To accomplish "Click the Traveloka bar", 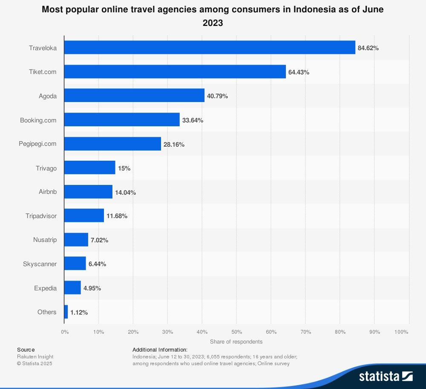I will (x=210, y=48).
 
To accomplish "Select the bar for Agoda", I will (x=134, y=96).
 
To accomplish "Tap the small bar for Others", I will (x=66, y=312).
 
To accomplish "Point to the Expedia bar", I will (x=72, y=288).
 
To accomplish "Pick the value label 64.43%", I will (x=299, y=72).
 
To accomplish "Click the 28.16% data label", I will (x=174, y=145).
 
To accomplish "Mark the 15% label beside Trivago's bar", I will (x=124, y=168).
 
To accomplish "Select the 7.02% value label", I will (x=99, y=240).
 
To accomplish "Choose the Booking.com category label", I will (x=38, y=120).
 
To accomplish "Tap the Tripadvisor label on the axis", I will (x=41, y=216).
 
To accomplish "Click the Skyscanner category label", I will (x=40, y=264).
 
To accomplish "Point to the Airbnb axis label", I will (x=48, y=192).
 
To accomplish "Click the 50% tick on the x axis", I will (x=236, y=332).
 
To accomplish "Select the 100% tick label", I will (x=402, y=332).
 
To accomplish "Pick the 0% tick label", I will (x=64, y=332).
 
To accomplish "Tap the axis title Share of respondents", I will (x=236, y=341).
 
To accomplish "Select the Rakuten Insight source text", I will (x=35, y=357).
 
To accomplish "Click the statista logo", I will (x=386, y=376).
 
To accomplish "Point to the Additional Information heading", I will (x=160, y=349).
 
